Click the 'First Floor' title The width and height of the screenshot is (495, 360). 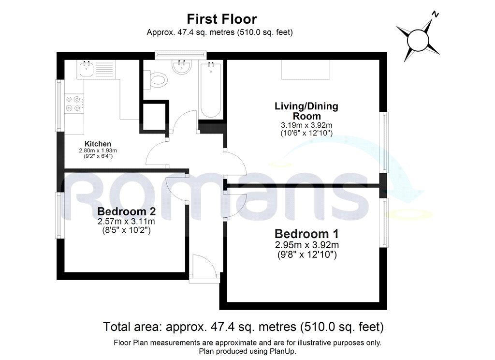point(221,19)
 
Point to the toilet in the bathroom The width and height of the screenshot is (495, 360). point(158,80)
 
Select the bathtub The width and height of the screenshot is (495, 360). point(211,90)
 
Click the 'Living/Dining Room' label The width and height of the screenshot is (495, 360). point(306,111)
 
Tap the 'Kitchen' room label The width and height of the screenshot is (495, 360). point(98,144)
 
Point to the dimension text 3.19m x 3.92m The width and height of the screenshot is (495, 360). point(306,125)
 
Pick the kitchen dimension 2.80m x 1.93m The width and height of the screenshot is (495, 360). point(98,150)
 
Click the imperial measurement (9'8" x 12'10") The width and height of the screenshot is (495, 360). point(306,254)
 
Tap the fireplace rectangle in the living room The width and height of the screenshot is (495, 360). point(306,70)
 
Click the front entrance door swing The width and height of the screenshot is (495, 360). point(200,266)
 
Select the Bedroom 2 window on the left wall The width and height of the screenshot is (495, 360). point(59,215)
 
